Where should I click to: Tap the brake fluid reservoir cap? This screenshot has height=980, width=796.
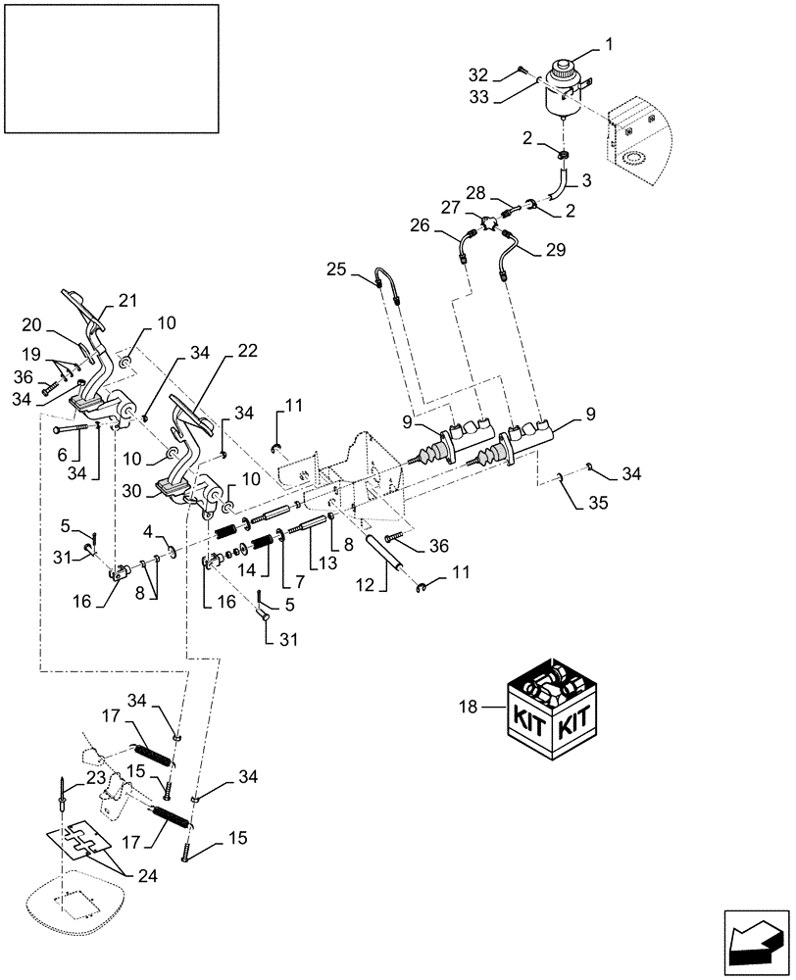tap(564, 72)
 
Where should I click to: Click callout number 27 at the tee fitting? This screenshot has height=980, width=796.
tap(449, 208)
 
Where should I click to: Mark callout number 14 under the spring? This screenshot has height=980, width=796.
tap(250, 568)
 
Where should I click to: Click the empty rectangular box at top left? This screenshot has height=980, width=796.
tap(111, 68)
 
